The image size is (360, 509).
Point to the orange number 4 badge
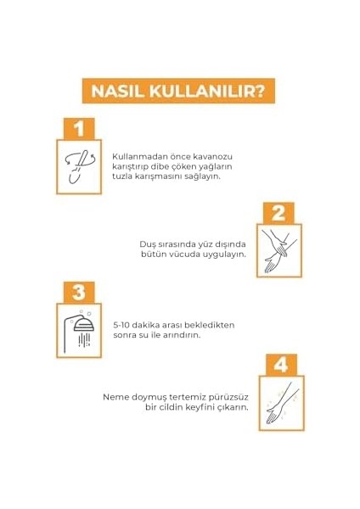click(x=279, y=366)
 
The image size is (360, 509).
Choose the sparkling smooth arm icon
click(x=279, y=405)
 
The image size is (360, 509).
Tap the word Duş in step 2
click(x=149, y=242)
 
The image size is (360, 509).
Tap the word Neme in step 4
click(x=115, y=396)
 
